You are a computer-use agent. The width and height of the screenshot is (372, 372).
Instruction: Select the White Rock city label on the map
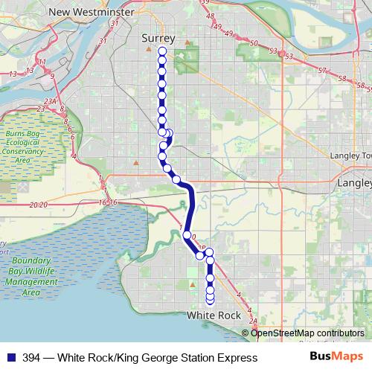pos(214,315)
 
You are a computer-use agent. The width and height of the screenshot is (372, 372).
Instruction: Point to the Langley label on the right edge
pos(355,182)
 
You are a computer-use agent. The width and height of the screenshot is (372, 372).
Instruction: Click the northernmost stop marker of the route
pos(162,51)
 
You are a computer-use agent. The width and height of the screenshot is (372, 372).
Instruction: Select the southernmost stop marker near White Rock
pos(210,300)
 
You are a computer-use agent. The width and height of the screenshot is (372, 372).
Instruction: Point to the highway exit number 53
pos(273,51)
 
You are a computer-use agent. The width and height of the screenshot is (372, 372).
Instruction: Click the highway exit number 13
pos(13,74)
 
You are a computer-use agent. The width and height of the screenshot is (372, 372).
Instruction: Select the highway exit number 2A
pos(253,321)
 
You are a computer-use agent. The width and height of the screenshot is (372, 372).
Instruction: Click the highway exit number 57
pos(321,70)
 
